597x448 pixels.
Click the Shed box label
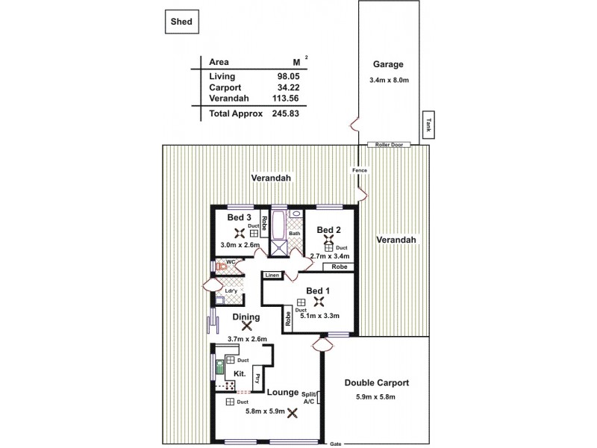tap(181, 22)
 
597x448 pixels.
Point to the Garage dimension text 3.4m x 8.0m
tap(388, 80)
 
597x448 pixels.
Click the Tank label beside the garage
tap(428, 124)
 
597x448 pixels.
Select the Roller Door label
tap(390, 144)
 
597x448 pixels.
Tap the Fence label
tap(359, 170)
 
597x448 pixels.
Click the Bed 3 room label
tap(239, 217)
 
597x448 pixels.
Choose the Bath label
tap(295, 234)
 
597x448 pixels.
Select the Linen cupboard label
tap(272, 276)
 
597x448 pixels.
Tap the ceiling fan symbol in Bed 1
tap(319, 301)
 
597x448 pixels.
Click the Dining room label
tap(246, 317)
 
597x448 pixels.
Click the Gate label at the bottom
tap(335, 444)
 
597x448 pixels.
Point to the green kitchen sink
tap(220, 366)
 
